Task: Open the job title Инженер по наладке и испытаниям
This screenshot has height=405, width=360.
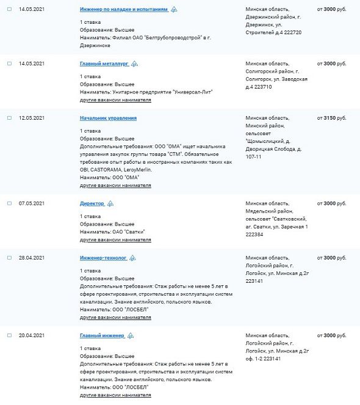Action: [x=124, y=10]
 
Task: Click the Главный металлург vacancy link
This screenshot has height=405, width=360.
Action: [x=104, y=64]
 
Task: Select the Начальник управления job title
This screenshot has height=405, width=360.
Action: [x=108, y=118]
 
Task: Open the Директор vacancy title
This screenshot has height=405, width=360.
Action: [x=92, y=203]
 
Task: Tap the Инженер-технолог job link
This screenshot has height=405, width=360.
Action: [x=103, y=258]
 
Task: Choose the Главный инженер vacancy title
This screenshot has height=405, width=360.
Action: [x=102, y=336]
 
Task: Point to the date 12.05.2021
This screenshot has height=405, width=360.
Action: [x=32, y=118]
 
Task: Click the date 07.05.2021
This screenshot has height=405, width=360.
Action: [x=32, y=203]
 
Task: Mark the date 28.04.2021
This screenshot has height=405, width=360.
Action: [x=32, y=258]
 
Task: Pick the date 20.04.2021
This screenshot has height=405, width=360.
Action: [x=32, y=336]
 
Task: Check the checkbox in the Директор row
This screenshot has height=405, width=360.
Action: [x=9, y=203]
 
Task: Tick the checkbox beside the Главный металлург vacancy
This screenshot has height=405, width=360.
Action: [x=9, y=64]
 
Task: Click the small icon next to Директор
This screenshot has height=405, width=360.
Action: [x=110, y=204]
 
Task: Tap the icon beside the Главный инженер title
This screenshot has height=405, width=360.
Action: [x=131, y=336]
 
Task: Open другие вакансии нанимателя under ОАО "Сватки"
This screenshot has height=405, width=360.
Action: [x=115, y=240]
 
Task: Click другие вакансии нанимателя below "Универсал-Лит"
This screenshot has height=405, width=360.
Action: [x=115, y=100]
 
